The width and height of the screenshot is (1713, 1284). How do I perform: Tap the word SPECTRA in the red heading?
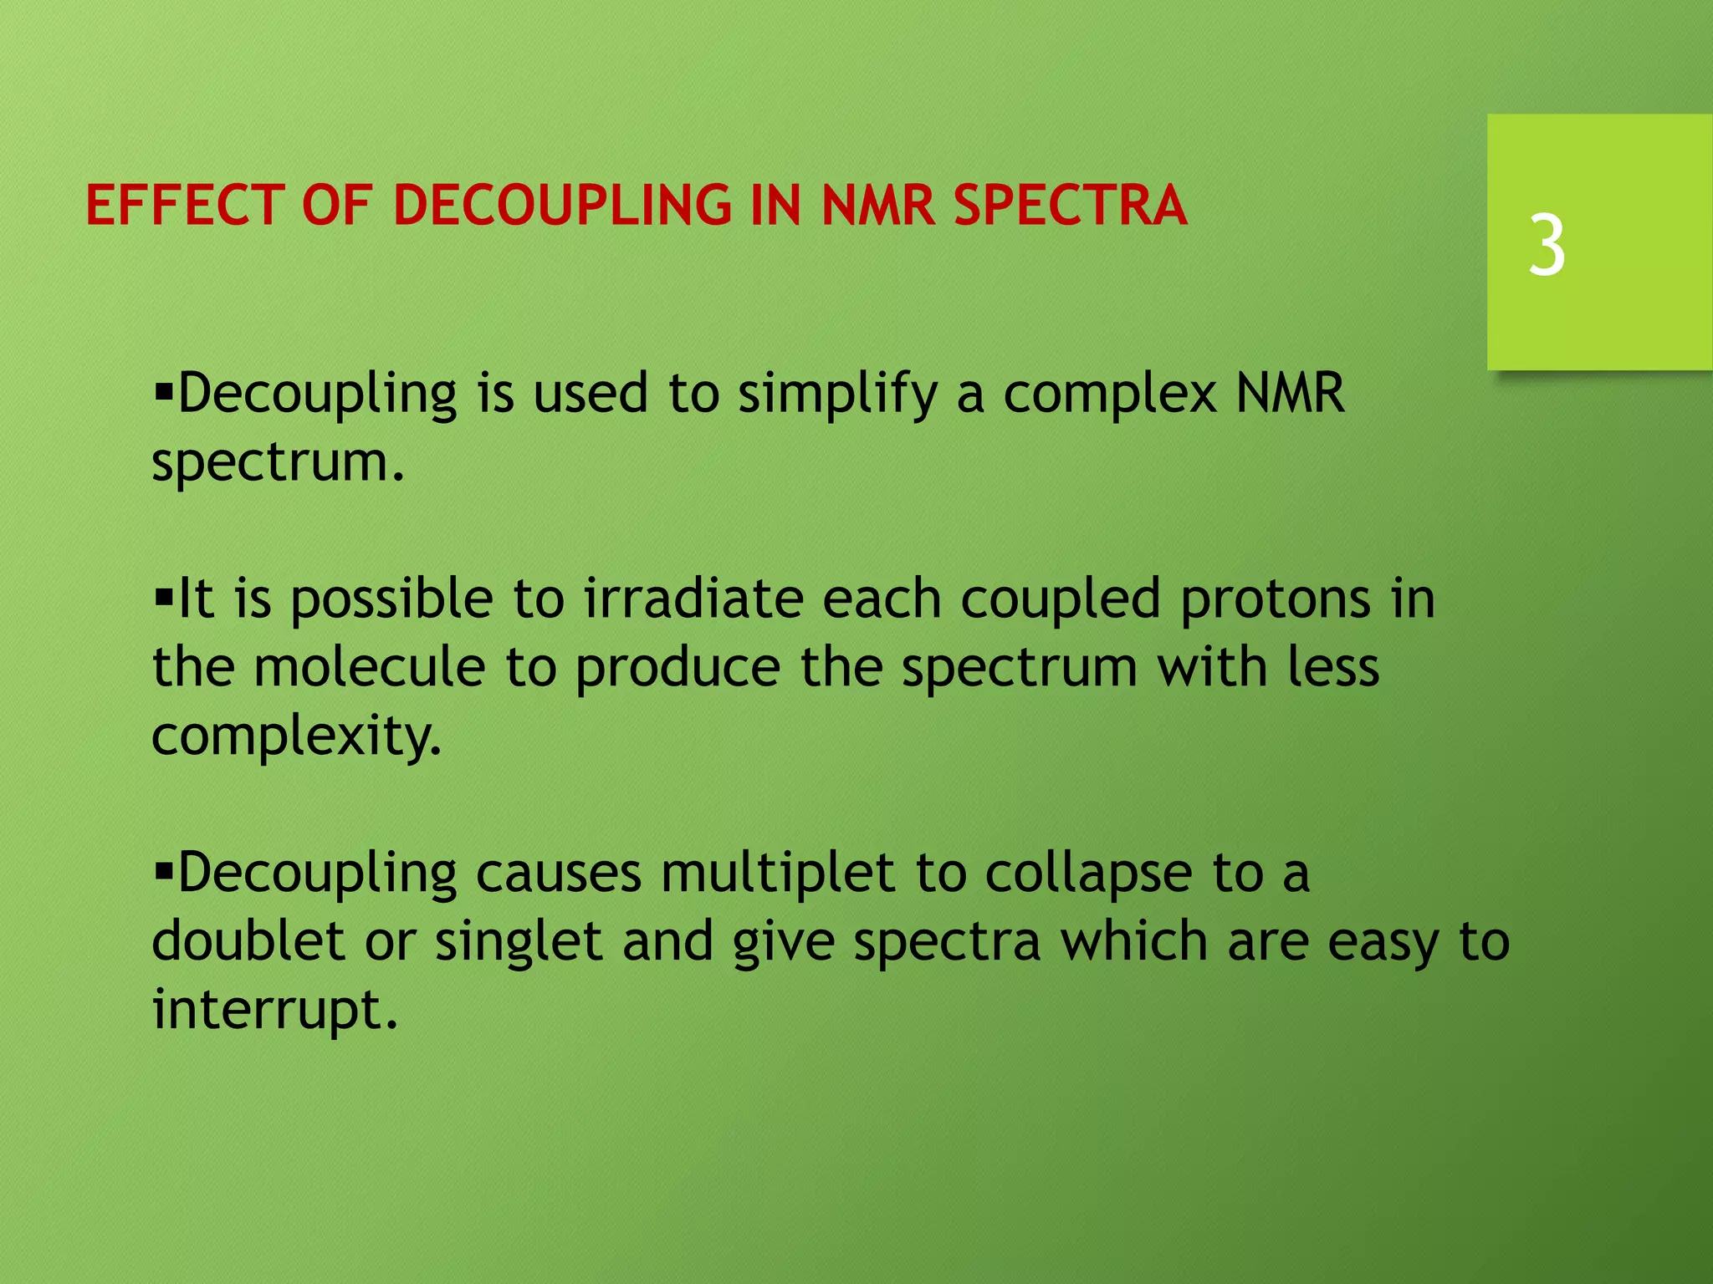(x=1070, y=206)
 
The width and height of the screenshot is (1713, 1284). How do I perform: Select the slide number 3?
(x=1547, y=245)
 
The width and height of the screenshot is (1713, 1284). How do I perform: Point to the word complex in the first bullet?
(x=1109, y=394)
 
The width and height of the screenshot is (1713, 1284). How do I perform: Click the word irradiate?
(x=693, y=599)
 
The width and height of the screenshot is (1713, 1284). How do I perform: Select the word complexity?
(x=296, y=737)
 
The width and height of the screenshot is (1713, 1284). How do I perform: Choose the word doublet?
(x=248, y=941)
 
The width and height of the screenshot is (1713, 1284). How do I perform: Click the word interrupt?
(x=274, y=1010)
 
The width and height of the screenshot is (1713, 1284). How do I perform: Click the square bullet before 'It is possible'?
(x=163, y=597)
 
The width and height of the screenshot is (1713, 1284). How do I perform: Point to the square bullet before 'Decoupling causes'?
(x=163, y=870)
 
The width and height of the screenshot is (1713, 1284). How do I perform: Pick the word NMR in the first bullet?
(x=1290, y=392)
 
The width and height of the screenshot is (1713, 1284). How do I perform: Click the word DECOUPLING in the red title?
(x=562, y=206)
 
